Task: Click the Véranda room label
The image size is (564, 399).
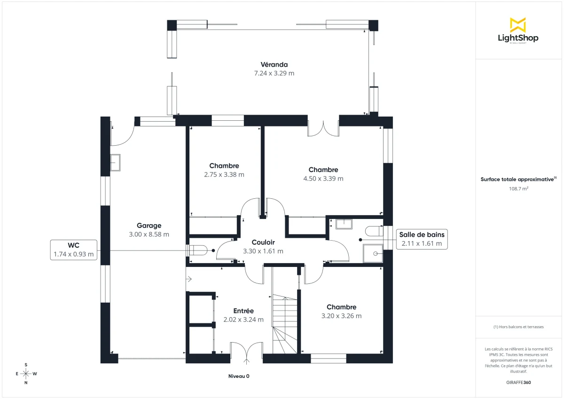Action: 274,64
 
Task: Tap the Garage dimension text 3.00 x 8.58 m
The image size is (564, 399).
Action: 149,234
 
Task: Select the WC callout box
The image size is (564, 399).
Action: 74,250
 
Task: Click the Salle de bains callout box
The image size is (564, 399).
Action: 422,239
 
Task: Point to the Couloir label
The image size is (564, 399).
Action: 263,243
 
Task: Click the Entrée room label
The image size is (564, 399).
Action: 243,311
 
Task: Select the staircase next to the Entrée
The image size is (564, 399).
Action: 285,324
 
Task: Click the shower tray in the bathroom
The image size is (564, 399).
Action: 373,253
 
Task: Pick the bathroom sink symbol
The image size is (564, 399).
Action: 344,223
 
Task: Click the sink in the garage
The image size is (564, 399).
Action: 115,162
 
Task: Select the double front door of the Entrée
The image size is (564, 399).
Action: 246,353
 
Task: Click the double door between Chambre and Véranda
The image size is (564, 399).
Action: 323,128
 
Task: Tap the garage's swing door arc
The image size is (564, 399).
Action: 123,136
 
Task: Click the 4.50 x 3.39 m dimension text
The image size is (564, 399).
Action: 323,179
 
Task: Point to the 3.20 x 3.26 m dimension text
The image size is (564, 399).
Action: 341,316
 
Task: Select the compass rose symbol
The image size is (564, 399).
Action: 26,374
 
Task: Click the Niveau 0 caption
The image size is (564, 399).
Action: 239,376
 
